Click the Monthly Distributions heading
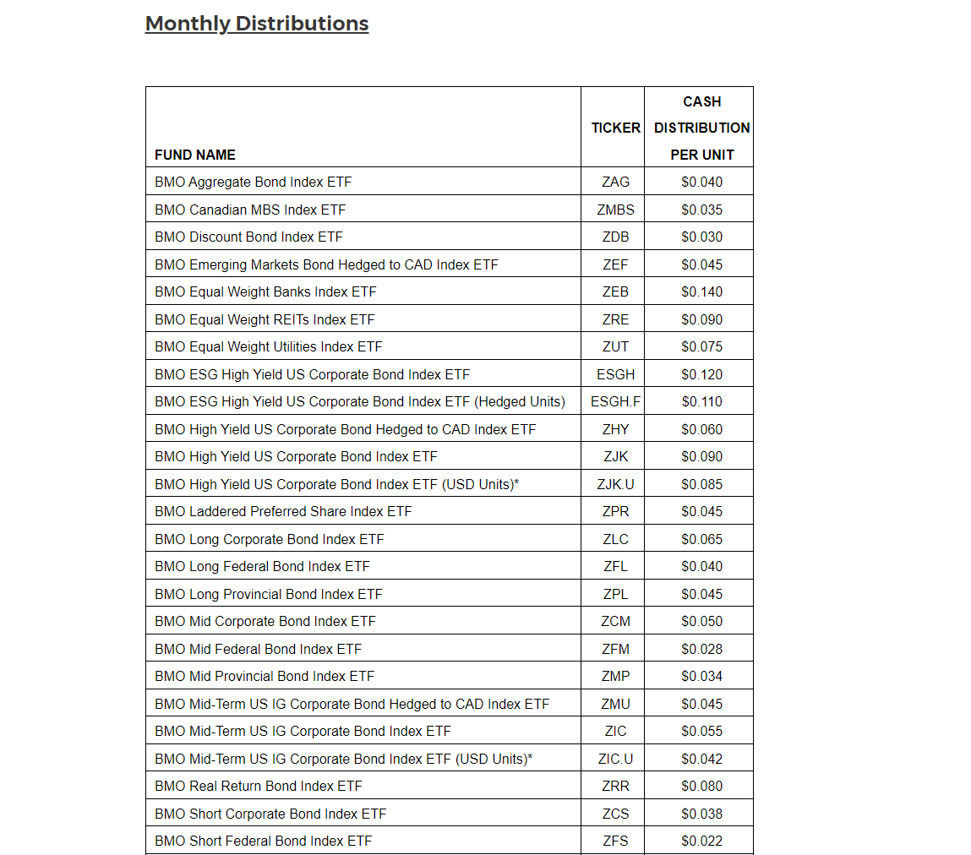pos(257,24)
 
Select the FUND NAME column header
pos(195,155)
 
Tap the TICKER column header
pos(615,128)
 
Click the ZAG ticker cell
pos(615,182)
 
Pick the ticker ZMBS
pos(615,210)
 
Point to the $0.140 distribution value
pos(701,291)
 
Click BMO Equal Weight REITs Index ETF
pos(265,319)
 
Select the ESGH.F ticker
pos(615,401)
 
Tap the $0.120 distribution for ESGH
pos(701,374)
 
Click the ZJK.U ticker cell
pos(615,484)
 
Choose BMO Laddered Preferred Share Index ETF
pos(283,511)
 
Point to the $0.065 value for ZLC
pos(701,539)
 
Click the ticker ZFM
pos(615,649)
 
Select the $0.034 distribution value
pos(701,676)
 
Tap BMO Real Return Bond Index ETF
pos(259,786)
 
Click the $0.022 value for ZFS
pos(701,841)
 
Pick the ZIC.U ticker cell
pos(615,759)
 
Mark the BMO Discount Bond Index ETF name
pos(248,237)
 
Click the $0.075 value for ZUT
pos(701,346)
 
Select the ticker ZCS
pos(615,814)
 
